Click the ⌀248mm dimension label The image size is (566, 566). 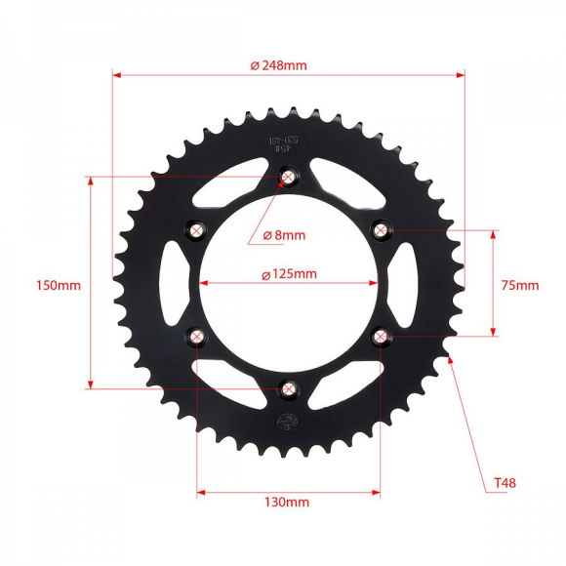click(278, 65)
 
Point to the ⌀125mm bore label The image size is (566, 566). click(289, 274)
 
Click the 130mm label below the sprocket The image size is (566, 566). click(286, 503)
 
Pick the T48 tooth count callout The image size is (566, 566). click(505, 483)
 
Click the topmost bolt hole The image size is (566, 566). click(289, 178)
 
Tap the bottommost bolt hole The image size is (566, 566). click(289, 389)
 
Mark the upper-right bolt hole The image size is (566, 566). click(381, 230)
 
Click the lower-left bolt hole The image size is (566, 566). click(198, 337)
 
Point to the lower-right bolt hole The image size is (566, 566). click(381, 337)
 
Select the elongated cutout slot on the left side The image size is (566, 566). click(176, 284)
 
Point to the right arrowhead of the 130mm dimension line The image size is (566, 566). click(376, 492)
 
